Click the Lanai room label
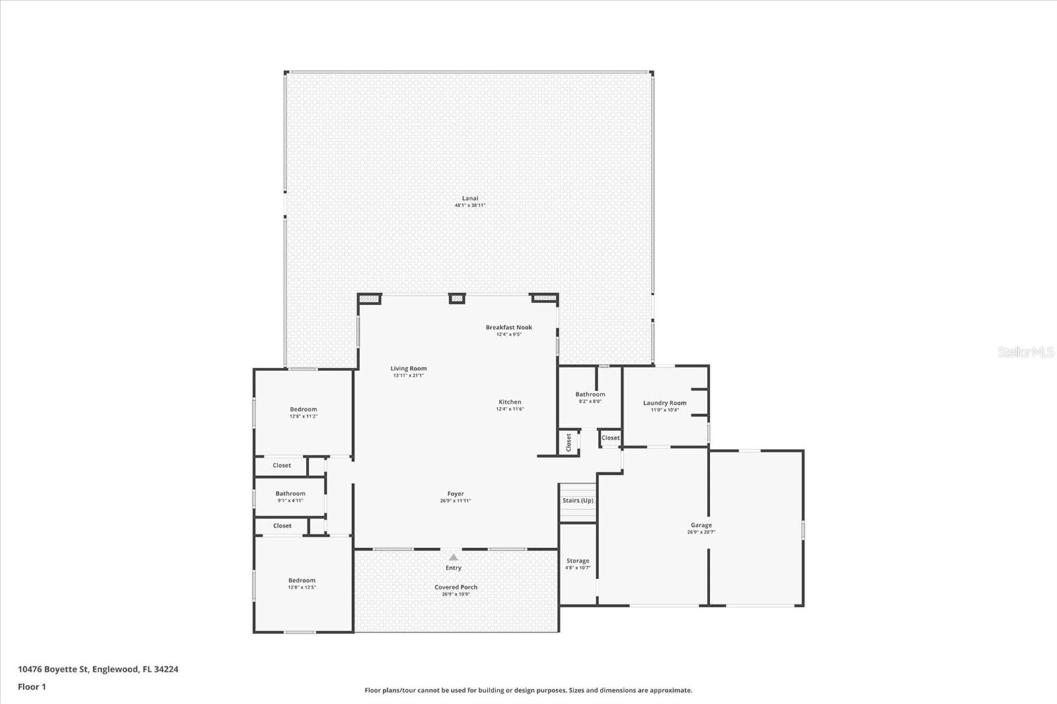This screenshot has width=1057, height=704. [470, 198]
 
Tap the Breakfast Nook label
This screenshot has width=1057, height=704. [509, 328]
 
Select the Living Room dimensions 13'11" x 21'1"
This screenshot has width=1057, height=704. [408, 376]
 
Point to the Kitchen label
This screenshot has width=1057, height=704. [510, 402]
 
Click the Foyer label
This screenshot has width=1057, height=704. [455, 493]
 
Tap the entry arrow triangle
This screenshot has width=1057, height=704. [453, 557]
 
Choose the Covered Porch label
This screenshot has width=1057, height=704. [456, 587]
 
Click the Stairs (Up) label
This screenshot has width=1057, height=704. [578, 501]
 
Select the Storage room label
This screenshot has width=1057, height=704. [577, 561]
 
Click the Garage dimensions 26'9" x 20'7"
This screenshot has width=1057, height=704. [701, 532]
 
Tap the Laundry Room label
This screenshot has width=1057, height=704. [665, 403]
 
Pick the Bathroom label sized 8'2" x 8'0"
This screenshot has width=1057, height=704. [590, 394]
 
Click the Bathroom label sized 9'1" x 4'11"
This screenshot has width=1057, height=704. [290, 493]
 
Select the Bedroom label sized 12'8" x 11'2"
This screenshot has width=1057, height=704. [303, 409]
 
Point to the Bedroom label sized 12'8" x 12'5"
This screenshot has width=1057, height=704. [301, 581]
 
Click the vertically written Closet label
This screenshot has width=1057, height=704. [569, 442]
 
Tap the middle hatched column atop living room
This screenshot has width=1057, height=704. [457, 299]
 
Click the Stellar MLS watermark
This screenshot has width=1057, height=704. [1025, 352]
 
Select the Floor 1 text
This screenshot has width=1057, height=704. [32, 687]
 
